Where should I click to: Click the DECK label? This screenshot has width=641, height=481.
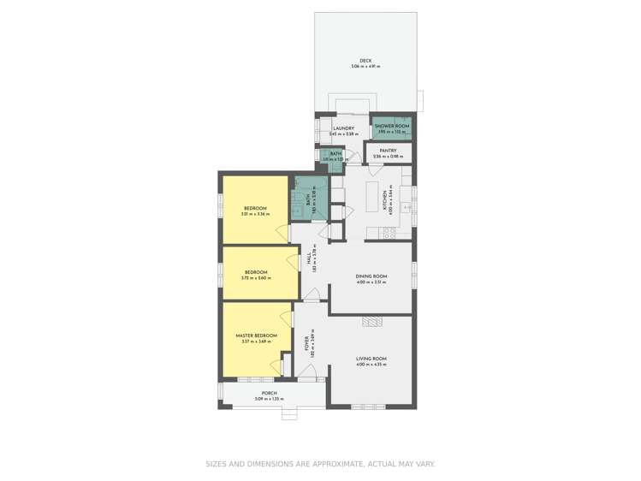tap(365, 61)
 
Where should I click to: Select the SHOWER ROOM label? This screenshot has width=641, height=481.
tap(393, 126)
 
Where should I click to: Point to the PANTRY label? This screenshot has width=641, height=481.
tap(388, 151)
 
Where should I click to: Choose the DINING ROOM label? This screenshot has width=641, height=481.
tap(372, 276)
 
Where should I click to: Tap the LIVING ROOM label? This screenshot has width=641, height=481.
tap(372, 359)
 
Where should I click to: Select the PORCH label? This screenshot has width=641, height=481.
tap(270, 393)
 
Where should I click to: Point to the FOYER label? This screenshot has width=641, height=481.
tap(306, 344)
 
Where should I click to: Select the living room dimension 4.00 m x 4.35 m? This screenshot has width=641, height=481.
tap(372, 365)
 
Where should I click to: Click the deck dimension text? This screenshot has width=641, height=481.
tap(365, 67)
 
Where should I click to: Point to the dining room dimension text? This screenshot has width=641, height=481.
tap(372, 282)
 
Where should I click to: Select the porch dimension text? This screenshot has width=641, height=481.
tap(270, 399)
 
